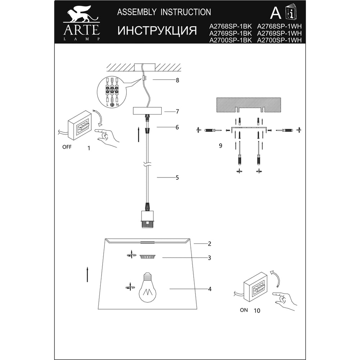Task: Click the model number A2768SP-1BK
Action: (x=230, y=26)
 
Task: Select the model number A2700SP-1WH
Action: (x=279, y=40)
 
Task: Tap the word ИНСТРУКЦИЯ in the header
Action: (x=157, y=31)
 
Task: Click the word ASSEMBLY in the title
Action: (x=137, y=12)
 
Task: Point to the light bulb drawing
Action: (x=148, y=288)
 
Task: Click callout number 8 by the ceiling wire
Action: (x=177, y=80)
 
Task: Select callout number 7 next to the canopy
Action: (x=177, y=112)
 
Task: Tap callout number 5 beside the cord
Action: (x=177, y=178)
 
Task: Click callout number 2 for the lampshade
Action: (x=210, y=244)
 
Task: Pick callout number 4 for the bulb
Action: (x=210, y=289)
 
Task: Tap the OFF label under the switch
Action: (x=67, y=147)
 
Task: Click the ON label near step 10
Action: (x=244, y=310)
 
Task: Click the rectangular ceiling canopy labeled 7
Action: (x=147, y=111)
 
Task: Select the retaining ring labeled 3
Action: (x=148, y=257)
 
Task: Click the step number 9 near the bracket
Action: (x=220, y=146)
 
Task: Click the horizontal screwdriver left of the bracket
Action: (x=213, y=130)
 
